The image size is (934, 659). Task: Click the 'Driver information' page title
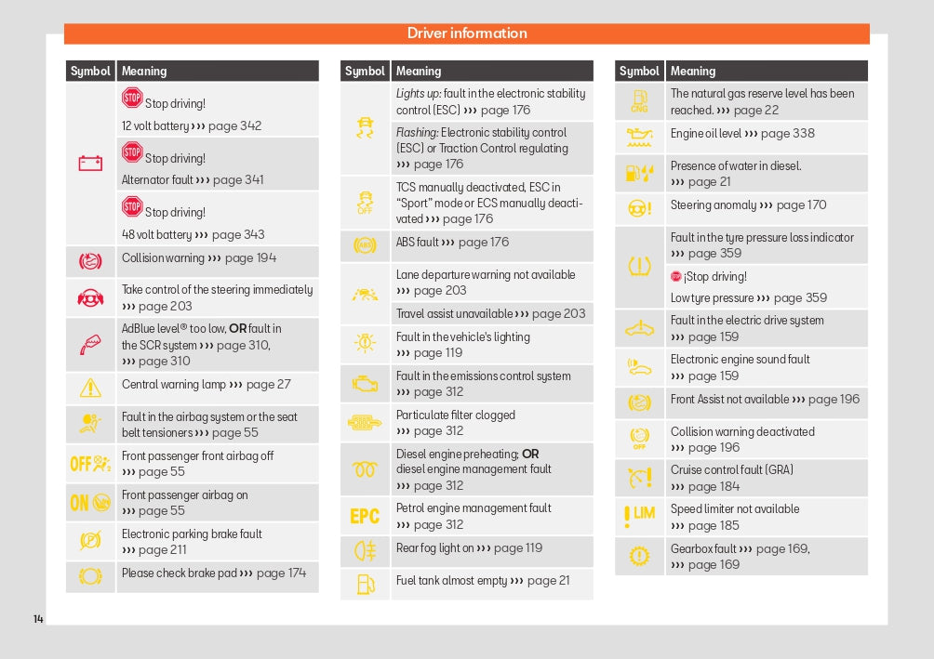[467, 33]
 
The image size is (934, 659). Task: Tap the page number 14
[38, 619]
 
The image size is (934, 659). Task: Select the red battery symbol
[90, 164]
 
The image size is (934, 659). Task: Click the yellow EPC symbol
[365, 516]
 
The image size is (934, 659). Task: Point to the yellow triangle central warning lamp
[90, 388]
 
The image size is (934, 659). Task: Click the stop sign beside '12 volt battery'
[132, 98]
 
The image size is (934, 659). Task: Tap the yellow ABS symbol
[365, 246]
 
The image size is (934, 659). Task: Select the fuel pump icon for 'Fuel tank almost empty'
[365, 584]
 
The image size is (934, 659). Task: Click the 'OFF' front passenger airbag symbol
[90, 463]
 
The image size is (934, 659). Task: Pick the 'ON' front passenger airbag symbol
[90, 503]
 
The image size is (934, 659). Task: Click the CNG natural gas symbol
[639, 101]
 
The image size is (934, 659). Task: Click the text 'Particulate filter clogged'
[456, 415]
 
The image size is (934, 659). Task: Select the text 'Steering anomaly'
[713, 205]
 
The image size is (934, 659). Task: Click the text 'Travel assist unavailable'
[454, 313]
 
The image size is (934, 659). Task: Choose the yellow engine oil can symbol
[639, 138]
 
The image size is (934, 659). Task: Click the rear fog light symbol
[365, 551]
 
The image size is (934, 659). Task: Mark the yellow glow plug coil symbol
[365, 468]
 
